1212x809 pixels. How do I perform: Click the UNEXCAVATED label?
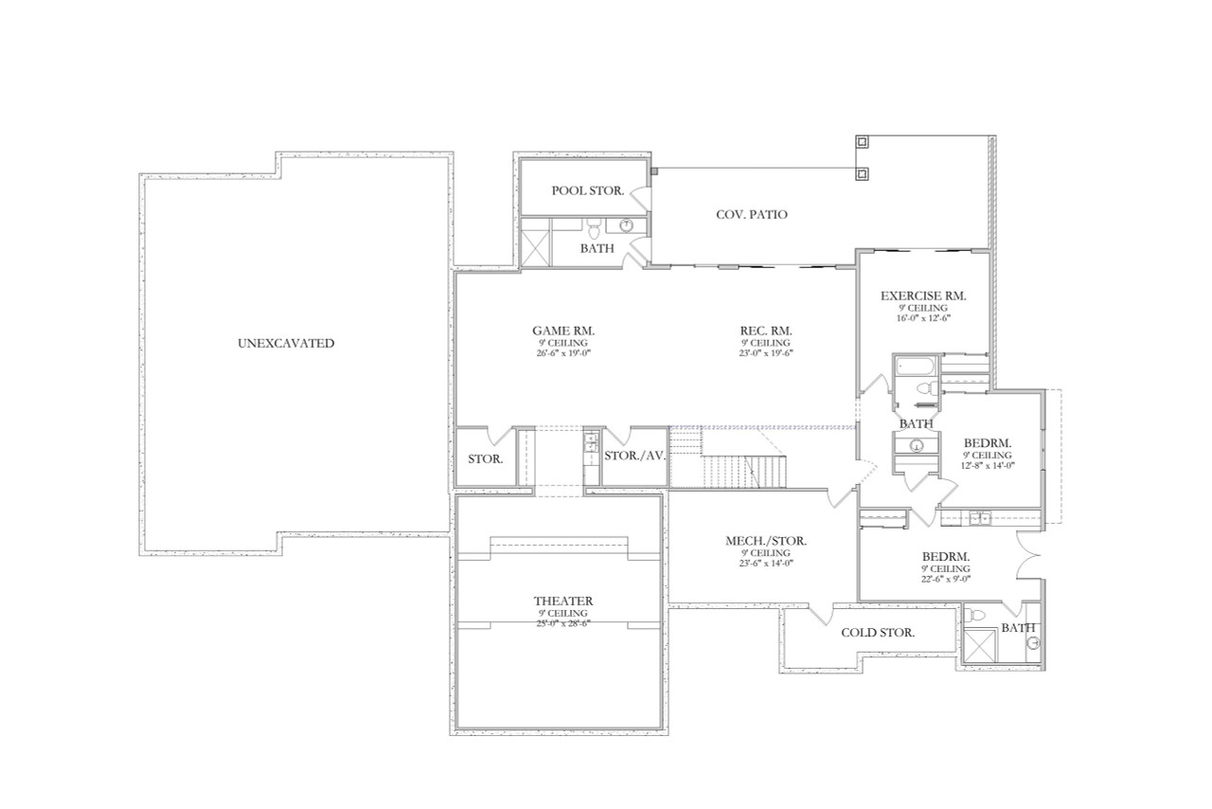[x=286, y=343]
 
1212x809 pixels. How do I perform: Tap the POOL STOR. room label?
[x=587, y=190]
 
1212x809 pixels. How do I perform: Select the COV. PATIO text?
[x=752, y=215]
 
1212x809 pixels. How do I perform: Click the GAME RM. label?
[x=562, y=331]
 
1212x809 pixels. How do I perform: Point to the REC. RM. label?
[x=766, y=331]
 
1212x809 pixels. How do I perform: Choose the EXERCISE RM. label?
[x=922, y=296]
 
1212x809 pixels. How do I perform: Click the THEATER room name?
[x=562, y=601]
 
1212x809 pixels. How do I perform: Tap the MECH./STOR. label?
[x=766, y=541]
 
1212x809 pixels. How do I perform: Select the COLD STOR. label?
[x=878, y=632]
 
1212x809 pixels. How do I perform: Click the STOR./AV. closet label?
[x=635, y=456]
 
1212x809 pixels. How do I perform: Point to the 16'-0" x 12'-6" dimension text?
[x=922, y=319]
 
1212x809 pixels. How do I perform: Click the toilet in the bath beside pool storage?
[x=595, y=227]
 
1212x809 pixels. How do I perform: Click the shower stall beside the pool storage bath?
[x=536, y=244]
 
